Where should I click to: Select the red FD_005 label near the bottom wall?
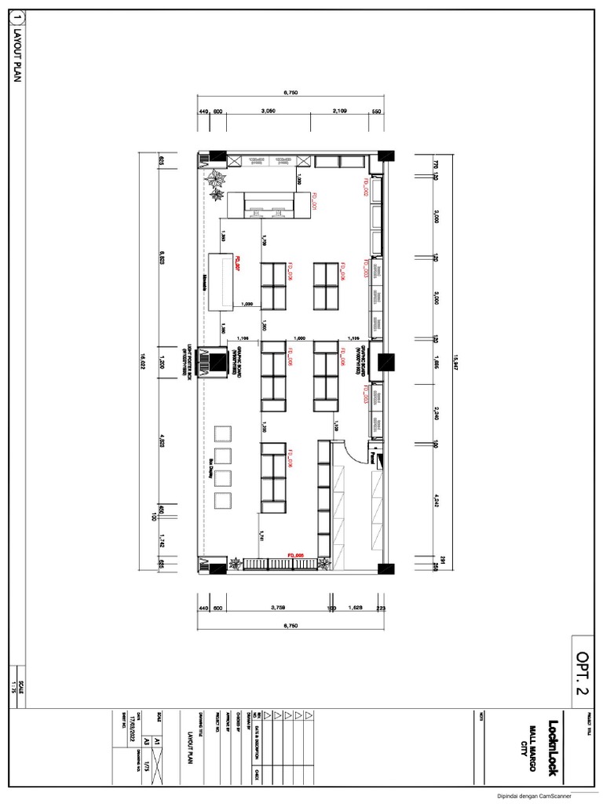coord(295,554)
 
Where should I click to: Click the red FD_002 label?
coord(365,186)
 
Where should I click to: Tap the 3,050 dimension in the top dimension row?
coord(268,111)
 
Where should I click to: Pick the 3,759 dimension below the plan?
coord(277,607)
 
